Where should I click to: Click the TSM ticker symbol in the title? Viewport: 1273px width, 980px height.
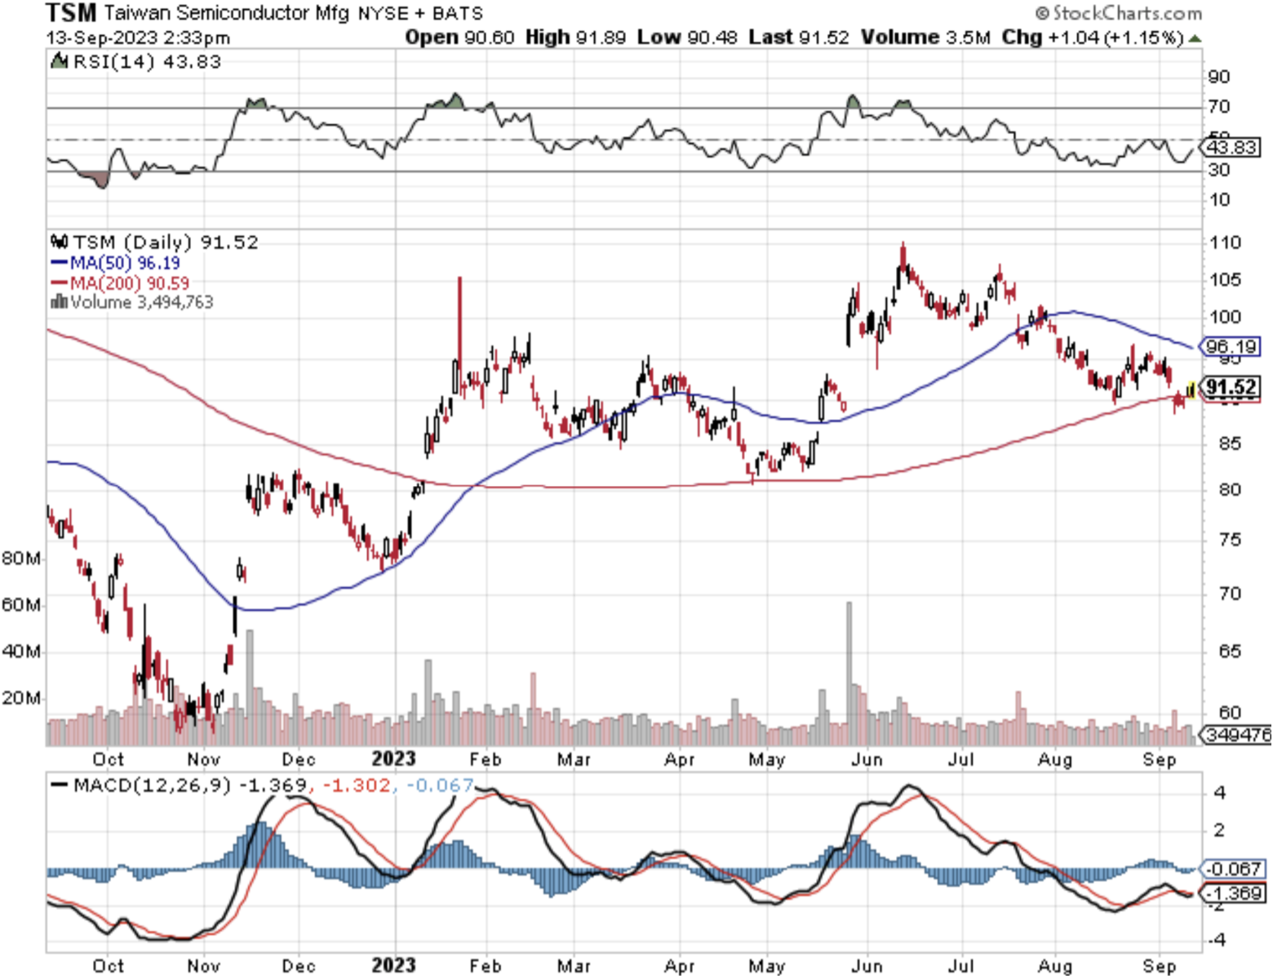pos(71,13)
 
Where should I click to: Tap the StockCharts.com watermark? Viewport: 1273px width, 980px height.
pos(1119,13)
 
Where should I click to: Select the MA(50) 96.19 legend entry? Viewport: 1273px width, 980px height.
pos(116,263)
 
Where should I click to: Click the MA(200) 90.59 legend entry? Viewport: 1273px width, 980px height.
pos(121,283)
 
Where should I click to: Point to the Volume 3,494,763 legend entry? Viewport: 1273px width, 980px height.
pos(132,302)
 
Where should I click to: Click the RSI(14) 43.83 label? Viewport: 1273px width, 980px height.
pos(137,62)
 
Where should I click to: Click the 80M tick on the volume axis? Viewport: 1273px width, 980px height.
pos(21,559)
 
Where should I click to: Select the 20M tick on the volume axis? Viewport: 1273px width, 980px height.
pos(21,698)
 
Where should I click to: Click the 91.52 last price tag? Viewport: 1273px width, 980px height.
pos(1231,387)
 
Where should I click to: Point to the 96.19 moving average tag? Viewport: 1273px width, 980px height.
pos(1231,347)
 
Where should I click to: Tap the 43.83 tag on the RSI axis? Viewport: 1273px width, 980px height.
pos(1231,148)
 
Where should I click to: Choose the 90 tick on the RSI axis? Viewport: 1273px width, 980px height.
pos(1219,78)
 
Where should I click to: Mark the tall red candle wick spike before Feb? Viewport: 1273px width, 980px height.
pos(459,327)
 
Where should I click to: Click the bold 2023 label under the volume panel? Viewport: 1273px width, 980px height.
pos(393,759)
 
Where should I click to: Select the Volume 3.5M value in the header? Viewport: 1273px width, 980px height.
pos(925,38)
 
